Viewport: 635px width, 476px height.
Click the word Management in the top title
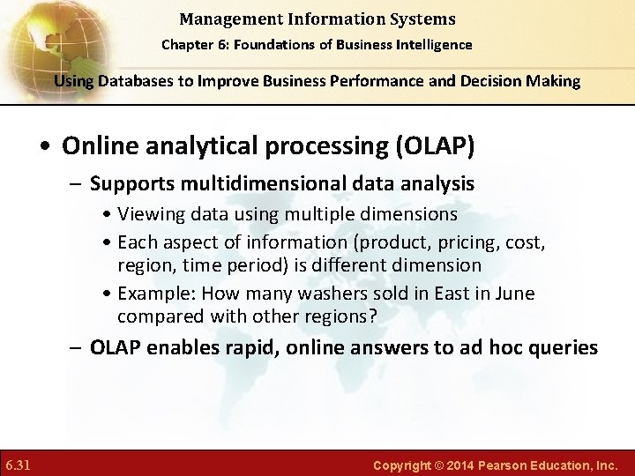click(x=220, y=19)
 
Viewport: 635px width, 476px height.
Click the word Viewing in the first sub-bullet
click(x=147, y=214)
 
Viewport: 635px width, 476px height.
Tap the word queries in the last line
click(x=564, y=347)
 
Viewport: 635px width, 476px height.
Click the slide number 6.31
click(x=19, y=464)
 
